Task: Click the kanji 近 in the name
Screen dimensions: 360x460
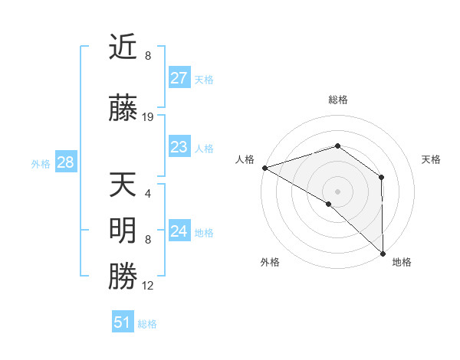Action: point(123,48)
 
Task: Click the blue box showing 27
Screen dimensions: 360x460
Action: point(179,78)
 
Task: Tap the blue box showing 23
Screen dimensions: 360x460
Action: point(179,147)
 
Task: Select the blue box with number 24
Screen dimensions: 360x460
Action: point(179,231)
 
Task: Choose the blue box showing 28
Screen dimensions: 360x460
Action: point(65,162)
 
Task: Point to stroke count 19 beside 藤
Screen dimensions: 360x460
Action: point(148,117)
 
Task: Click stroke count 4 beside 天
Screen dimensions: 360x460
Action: point(148,193)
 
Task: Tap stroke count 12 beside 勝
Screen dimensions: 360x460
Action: point(148,286)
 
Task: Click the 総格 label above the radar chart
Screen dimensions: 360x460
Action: point(338,100)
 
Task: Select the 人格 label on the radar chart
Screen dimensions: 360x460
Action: point(245,159)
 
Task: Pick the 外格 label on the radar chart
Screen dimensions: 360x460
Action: point(270,262)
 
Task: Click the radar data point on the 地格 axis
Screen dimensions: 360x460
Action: point(383,254)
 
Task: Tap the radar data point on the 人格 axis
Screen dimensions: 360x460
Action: point(264,168)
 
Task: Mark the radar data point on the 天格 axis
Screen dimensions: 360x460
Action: point(381,178)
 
